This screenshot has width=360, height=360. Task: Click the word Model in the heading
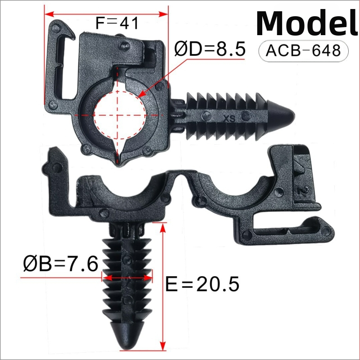[307, 23]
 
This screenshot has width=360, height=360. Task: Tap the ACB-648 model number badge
[303, 51]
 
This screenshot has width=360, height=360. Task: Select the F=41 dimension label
[117, 23]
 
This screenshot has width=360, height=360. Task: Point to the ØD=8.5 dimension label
[210, 49]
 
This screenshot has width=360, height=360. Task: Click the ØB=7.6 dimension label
[61, 264]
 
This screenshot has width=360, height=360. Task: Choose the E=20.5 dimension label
[202, 284]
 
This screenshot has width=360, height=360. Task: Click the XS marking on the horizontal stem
[229, 118]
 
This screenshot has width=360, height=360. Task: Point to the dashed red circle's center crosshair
[117, 115]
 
